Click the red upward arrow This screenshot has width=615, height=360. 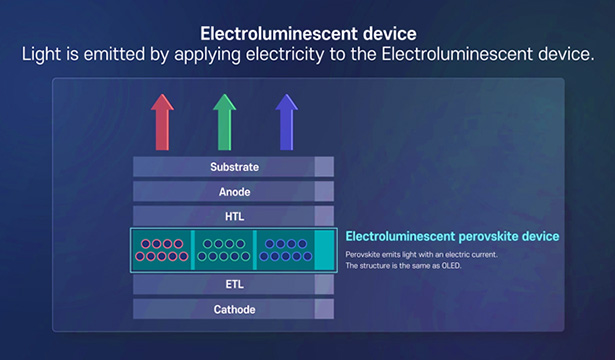(163, 121)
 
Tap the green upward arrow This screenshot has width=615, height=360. (225, 121)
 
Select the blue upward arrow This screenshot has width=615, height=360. (287, 121)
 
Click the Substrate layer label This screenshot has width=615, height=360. (234, 166)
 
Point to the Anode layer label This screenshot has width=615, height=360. (234, 191)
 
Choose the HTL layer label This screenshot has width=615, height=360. (234, 216)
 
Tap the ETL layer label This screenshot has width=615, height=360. (234, 285)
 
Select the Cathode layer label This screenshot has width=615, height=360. (234, 310)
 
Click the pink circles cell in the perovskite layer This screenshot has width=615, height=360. (163, 250)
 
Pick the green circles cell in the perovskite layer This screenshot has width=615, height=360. (223, 250)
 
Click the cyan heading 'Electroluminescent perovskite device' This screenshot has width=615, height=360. (452, 237)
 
